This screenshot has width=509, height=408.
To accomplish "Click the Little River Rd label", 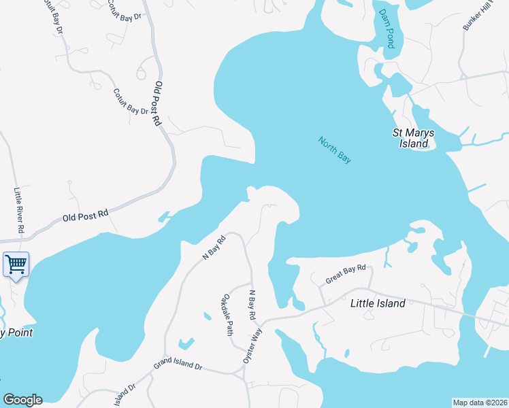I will [x=18, y=211].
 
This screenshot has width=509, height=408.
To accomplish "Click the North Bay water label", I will [x=335, y=150].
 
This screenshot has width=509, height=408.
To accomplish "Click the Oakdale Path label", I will [x=228, y=314].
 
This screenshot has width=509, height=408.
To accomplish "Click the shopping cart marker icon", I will [x=16, y=264].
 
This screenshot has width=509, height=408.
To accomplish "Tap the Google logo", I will [x=22, y=400].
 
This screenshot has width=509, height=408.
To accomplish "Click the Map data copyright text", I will [x=480, y=402].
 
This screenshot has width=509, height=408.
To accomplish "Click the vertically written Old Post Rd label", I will [x=158, y=104].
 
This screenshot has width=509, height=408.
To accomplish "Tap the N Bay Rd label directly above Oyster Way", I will [x=252, y=303].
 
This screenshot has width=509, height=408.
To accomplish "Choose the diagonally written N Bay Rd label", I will [x=214, y=248].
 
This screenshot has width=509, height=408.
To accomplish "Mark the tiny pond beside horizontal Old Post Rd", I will [x=163, y=217].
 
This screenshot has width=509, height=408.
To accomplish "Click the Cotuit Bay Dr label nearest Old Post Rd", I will [x=131, y=101].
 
